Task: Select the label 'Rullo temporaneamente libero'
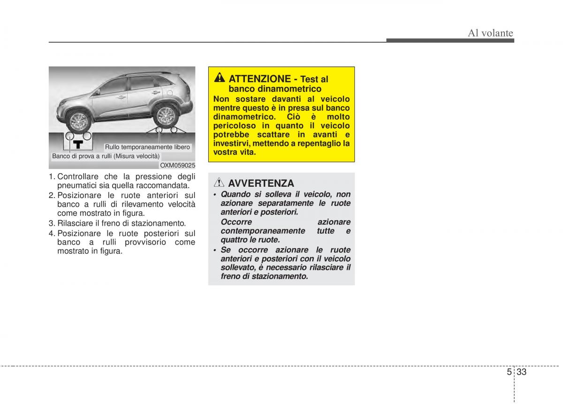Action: [x=147, y=147]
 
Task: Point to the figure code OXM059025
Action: [x=177, y=165]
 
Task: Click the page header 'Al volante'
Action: [x=491, y=33]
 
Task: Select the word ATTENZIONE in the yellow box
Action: [x=259, y=79]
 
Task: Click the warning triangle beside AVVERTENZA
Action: [x=219, y=183]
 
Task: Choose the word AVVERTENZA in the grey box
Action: [x=261, y=183]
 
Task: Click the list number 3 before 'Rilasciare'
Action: [x=51, y=223]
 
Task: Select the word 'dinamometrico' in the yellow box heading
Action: [x=275, y=89]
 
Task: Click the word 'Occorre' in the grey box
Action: [x=236, y=222]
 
